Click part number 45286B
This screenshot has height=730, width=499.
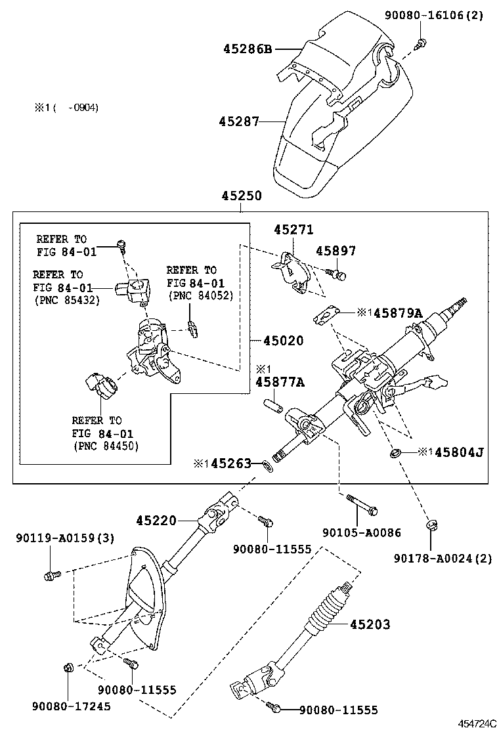[x=247, y=49]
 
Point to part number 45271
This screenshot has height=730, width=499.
[x=293, y=230]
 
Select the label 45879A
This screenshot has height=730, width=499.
[x=397, y=314]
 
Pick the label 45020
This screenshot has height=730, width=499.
[x=284, y=341]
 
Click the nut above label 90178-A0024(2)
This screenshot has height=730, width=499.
[x=431, y=525]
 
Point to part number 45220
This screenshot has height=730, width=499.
[x=156, y=521]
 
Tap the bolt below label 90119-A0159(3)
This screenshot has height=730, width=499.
[x=51, y=575]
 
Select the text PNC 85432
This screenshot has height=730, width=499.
[x=66, y=300]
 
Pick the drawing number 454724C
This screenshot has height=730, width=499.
[x=477, y=723]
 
